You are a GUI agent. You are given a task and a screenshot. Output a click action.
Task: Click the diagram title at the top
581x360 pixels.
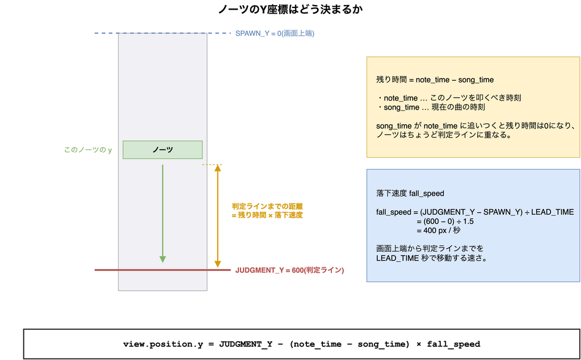pos(290,9)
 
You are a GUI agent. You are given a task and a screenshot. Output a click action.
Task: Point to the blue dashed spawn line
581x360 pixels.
pos(163,34)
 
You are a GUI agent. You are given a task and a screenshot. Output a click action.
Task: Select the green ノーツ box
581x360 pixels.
pos(163,150)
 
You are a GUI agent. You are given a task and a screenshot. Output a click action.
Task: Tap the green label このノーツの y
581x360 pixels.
pos(88,150)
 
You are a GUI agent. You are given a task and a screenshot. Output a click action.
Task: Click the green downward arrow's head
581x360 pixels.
pos(162,259)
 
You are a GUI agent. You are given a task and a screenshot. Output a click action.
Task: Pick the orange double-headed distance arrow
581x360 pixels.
pos(217,216)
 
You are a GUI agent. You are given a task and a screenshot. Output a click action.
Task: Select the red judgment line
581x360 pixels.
pos(163,270)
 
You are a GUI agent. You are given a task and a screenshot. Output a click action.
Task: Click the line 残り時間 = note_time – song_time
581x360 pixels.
pos(435,79)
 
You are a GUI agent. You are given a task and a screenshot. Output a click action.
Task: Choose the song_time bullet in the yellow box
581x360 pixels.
pos(431,107)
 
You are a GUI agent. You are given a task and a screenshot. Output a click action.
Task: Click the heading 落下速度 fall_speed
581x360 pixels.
pos(410,194)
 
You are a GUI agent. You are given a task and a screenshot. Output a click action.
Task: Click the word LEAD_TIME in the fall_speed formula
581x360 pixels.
pos(553,212)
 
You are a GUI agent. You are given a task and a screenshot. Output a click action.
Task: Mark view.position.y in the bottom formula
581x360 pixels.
pos(163,345)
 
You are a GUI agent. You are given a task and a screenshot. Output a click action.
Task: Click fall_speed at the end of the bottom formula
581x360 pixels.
pos(453,345)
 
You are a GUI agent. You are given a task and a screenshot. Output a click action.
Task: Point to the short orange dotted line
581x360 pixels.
pos(212,165)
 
